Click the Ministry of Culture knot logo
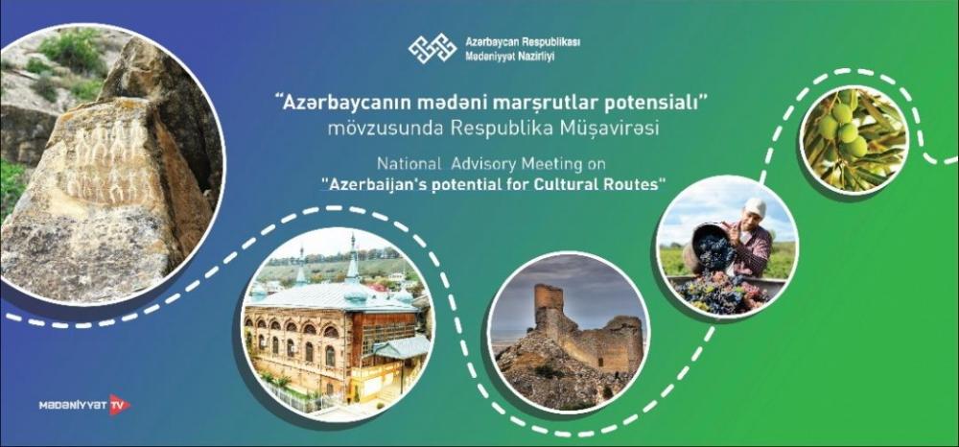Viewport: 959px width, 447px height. click(x=433, y=48)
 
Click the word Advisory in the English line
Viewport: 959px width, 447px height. click(x=476, y=164)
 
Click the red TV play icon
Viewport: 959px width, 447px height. click(x=119, y=404)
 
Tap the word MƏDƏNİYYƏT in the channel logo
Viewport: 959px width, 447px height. click(x=73, y=405)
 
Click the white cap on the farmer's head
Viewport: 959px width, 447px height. click(x=755, y=206)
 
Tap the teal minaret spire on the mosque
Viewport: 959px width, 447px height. click(x=353, y=261)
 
